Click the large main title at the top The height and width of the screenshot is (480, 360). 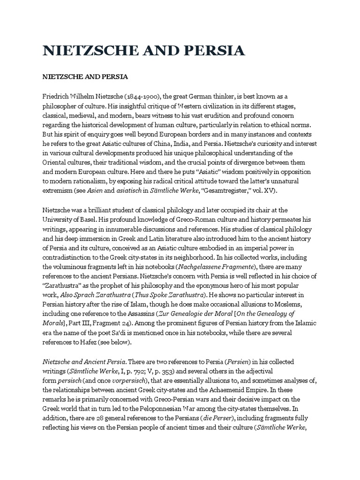143,51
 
